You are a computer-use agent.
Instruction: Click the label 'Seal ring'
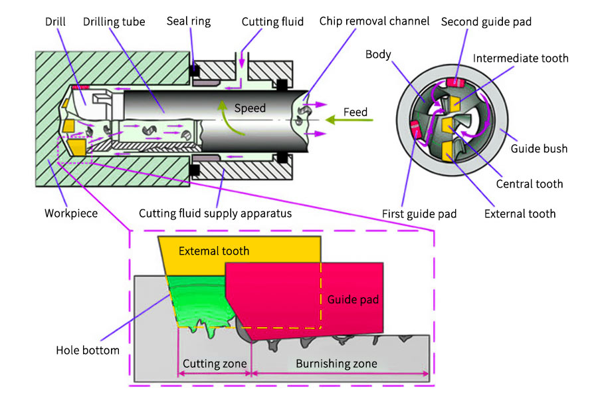[x=191, y=21]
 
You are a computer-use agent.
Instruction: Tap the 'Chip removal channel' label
[x=374, y=21]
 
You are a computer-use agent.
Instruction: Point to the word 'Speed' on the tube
[x=250, y=108]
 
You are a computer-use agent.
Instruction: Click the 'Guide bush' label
[x=539, y=149]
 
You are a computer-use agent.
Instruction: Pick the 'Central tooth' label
[x=530, y=184]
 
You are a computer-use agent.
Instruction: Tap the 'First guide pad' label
[x=419, y=214]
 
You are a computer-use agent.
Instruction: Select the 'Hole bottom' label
[x=88, y=350]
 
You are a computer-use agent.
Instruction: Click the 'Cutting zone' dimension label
[x=215, y=364]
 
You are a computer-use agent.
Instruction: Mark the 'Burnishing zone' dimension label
[x=336, y=364]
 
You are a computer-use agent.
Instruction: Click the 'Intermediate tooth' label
[x=521, y=59]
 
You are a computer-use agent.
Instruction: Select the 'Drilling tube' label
[x=115, y=21]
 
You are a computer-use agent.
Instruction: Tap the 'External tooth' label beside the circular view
[x=520, y=213]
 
